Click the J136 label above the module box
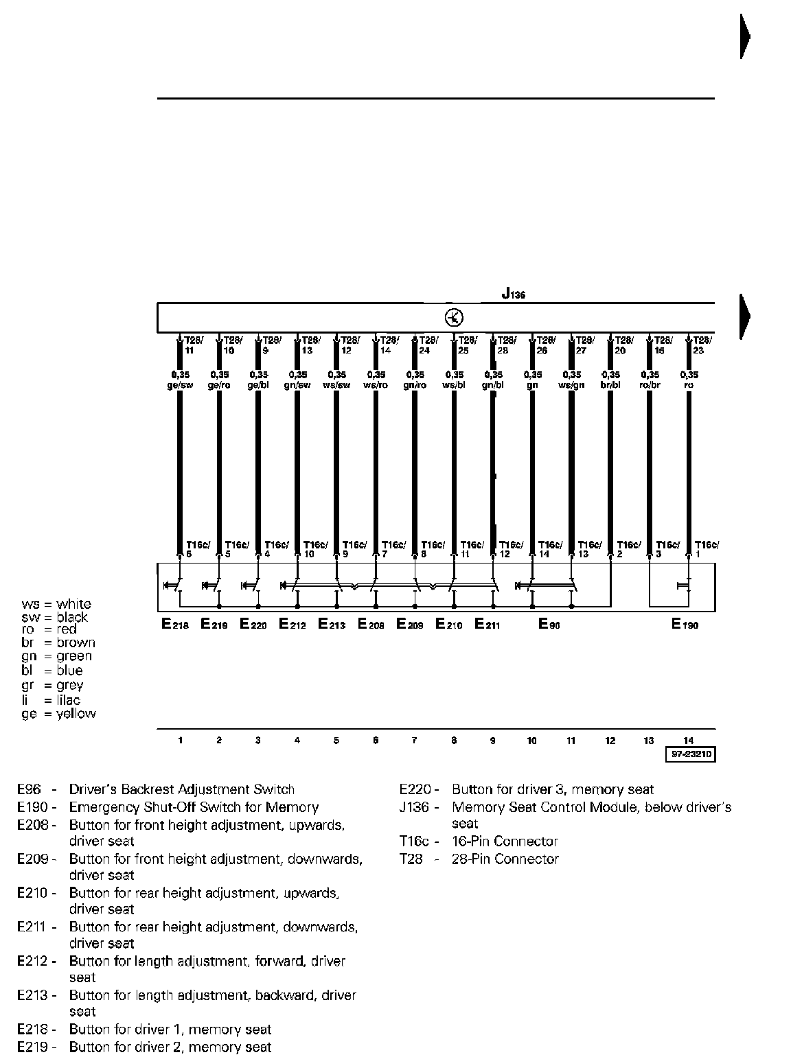coord(513,294)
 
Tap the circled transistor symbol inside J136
coord(455,318)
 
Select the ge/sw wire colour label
coord(180,385)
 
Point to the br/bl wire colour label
coord(610,385)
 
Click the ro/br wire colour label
coord(650,385)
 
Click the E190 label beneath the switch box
coord(685,625)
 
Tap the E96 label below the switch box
coord(549,625)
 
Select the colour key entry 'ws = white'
coord(56,604)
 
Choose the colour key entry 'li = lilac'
coord(51,700)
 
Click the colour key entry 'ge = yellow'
coord(58,714)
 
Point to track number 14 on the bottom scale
coord(689,741)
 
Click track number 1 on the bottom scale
coord(180,741)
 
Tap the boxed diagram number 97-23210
coord(689,755)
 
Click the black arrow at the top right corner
coord(744,36)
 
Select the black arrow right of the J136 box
coord(744,316)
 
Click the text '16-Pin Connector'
coord(505,841)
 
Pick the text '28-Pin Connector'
coord(505,859)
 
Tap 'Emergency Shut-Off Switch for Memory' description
coord(194,807)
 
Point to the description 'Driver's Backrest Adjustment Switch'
coord(181,789)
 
